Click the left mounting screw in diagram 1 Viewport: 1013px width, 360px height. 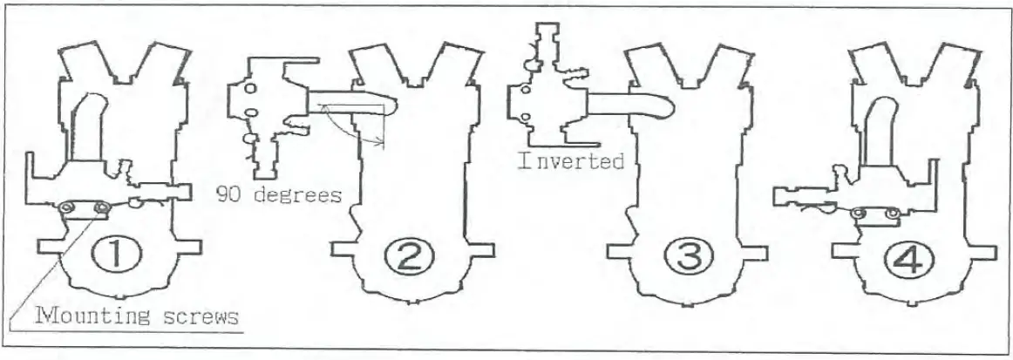(66, 207)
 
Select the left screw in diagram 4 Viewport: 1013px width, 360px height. (859, 212)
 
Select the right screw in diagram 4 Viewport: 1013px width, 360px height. (892, 212)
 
